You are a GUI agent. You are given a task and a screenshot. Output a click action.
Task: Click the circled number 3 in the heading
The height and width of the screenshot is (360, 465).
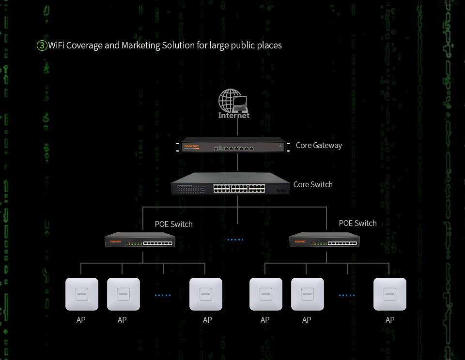pos(42,45)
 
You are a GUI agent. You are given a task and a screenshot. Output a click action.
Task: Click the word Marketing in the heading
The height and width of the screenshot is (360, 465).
pos(141,45)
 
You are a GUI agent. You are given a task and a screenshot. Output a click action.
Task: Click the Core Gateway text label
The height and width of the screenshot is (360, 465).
pos(319,145)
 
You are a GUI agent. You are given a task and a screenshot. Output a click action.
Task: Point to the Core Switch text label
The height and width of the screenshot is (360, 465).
pos(313,184)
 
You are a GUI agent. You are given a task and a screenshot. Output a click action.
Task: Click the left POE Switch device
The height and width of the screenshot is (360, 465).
pos(140,240)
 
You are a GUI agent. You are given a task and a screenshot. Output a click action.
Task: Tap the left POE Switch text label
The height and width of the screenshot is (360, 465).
pos(173,224)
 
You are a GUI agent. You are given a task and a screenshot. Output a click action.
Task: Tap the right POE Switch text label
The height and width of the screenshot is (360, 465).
pos(357,223)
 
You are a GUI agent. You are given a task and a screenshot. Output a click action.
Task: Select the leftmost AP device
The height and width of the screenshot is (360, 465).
pos(82,294)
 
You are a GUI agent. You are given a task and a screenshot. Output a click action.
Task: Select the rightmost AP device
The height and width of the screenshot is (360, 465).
pos(390,294)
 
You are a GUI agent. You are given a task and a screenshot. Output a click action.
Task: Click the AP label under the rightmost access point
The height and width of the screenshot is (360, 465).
pos(390,320)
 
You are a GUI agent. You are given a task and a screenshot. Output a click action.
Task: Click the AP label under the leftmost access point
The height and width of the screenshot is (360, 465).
pos(81,320)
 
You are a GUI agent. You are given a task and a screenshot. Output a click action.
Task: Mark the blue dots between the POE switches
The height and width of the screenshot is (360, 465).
pos(235,240)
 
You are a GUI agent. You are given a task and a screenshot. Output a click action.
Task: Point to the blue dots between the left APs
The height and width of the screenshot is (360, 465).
pos(163,295)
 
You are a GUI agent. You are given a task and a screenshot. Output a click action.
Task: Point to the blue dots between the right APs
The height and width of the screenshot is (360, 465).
pos(347,295)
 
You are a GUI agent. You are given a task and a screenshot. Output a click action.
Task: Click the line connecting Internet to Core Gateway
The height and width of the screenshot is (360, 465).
pos(237,128)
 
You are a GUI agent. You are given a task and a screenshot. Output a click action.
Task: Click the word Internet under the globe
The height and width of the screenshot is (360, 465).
pos(234,116)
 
